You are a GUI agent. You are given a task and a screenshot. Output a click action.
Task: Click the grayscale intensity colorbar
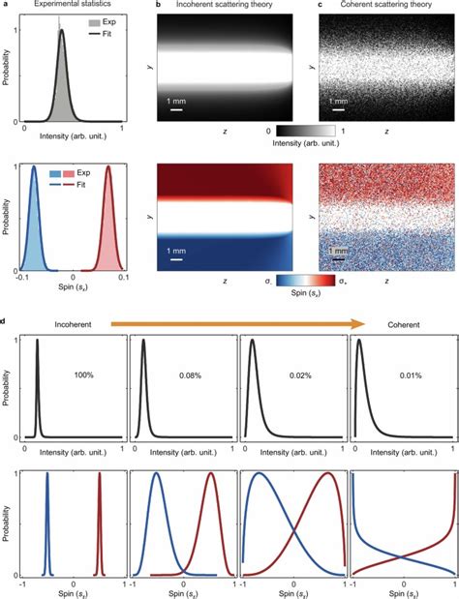tap(305, 128)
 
